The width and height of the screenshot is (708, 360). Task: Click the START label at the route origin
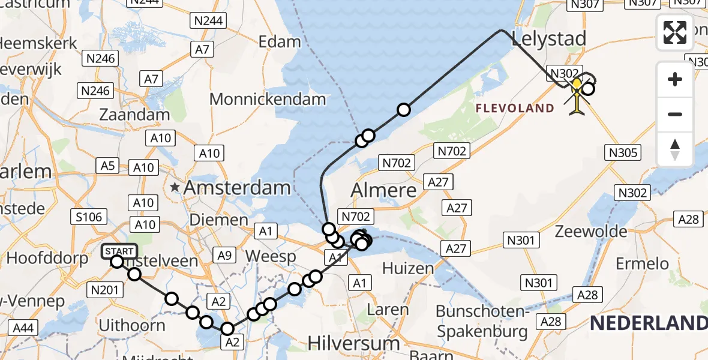[122, 251]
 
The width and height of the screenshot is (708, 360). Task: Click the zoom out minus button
[675, 114]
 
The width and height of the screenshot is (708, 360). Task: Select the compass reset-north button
[675, 149]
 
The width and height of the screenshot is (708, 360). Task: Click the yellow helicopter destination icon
[577, 97]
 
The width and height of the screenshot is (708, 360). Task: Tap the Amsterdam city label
[237, 188]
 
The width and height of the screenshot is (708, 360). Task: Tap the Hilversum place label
[353, 343]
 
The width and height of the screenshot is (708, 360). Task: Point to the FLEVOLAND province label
[515, 108]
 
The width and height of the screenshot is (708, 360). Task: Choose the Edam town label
[280, 42]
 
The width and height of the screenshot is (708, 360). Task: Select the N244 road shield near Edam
[207, 21]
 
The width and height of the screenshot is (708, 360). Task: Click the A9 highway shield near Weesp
[224, 256]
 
